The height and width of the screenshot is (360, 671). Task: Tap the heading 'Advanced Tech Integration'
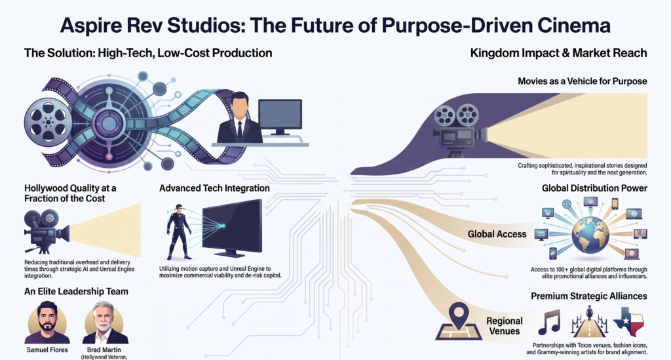coord(214,188)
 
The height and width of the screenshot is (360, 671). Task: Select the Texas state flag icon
coord(628,321)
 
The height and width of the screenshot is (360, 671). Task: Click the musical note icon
coord(549,322)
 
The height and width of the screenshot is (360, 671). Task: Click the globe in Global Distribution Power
coord(590,235)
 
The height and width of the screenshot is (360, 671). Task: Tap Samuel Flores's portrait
coord(47,323)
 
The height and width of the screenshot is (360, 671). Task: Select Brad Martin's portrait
coord(105,323)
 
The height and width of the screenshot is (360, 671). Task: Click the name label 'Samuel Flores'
coord(47,350)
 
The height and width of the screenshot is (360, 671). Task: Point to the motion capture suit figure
coord(178,231)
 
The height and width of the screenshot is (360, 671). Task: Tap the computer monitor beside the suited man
coord(280,117)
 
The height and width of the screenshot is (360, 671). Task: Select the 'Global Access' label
coord(497,234)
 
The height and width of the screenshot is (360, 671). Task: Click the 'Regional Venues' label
coord(505,326)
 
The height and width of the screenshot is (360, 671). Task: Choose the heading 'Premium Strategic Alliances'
coord(589,296)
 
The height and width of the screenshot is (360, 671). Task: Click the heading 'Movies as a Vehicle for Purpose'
coord(583,81)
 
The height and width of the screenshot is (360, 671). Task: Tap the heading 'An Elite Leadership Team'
coord(76,292)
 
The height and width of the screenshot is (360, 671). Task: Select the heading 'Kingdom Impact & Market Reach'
coord(558,53)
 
